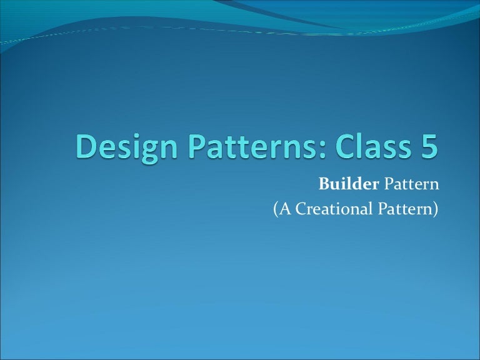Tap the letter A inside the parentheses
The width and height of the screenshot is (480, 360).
pyautogui.click(x=285, y=209)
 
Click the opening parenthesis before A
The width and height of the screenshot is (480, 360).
pyautogui.click(x=276, y=210)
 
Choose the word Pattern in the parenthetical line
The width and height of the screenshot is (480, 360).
pyautogui.click(x=405, y=209)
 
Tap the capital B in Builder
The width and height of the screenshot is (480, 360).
pyautogui.click(x=324, y=185)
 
